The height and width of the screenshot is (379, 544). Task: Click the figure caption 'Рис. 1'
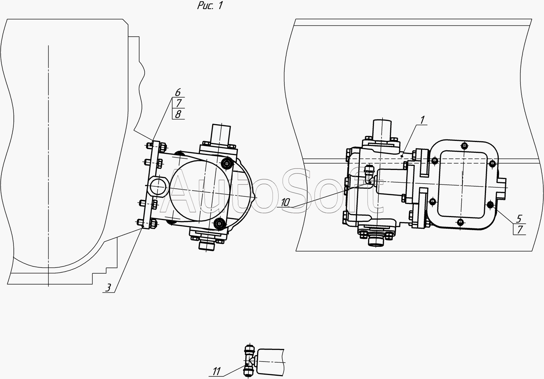pos(210,5)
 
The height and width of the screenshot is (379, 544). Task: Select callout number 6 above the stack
pos(178,92)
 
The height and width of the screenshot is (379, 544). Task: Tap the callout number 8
pos(178,114)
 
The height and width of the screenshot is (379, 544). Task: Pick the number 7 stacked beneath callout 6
pos(179,103)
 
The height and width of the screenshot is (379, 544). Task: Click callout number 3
pos(108,288)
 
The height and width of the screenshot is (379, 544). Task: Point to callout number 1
pos(423,120)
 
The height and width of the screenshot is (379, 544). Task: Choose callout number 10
pos(286,202)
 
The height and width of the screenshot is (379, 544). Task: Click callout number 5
pos(519,219)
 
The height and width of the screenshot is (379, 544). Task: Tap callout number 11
pos(217,371)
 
